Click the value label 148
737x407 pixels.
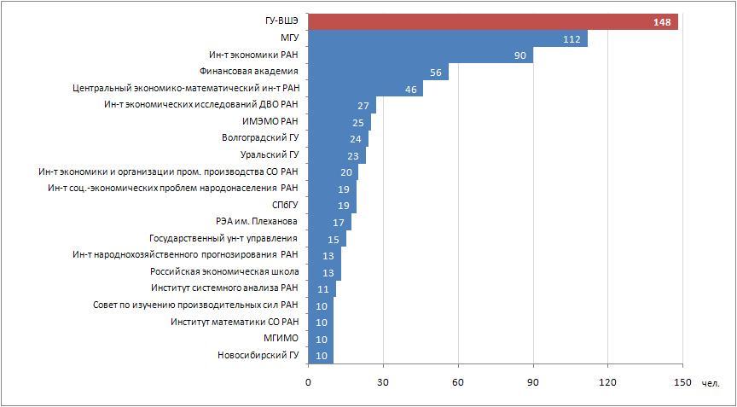click(663, 22)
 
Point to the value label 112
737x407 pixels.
click(572, 39)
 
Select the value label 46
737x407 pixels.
click(410, 89)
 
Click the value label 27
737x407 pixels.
click(363, 106)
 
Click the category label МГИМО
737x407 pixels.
click(281, 338)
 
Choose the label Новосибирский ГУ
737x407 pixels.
click(258, 355)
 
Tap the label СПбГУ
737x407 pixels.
click(284, 205)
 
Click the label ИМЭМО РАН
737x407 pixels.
click(270, 122)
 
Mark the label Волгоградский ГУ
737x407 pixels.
click(259, 138)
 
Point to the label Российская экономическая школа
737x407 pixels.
click(223, 271)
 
